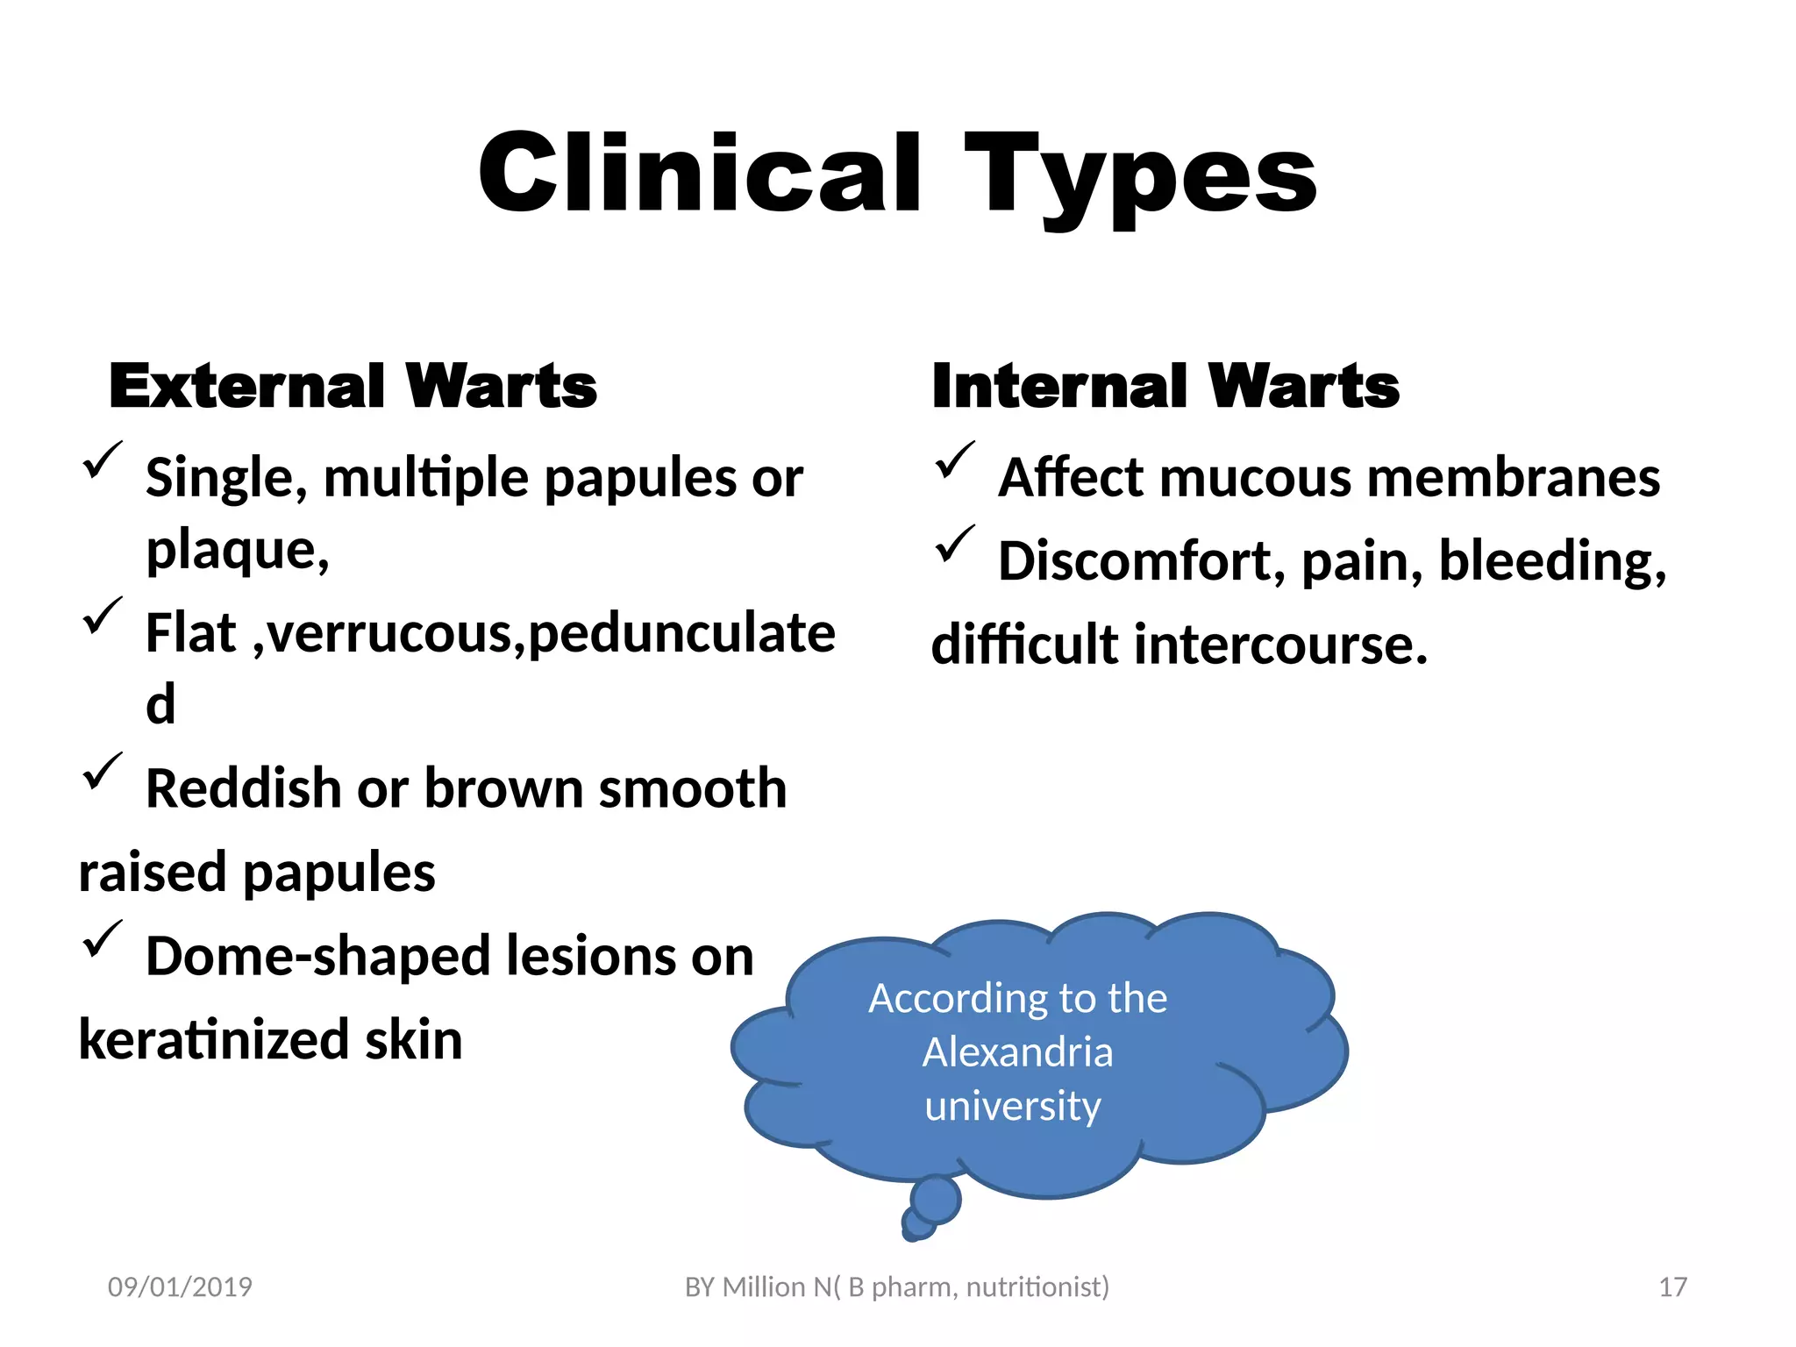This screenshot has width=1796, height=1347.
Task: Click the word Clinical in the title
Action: tap(700, 173)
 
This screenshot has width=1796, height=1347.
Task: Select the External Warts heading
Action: tap(353, 386)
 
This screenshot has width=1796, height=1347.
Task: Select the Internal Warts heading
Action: tap(1165, 386)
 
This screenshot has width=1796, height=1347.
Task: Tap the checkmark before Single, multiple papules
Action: tap(102, 460)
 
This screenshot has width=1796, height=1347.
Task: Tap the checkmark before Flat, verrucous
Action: tap(102, 616)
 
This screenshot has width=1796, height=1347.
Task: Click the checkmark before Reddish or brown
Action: tap(102, 771)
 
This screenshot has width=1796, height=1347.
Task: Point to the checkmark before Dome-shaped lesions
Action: tap(102, 938)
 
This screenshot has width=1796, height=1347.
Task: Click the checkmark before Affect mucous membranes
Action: tap(954, 460)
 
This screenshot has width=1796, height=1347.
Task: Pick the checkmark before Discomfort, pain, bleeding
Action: tap(954, 544)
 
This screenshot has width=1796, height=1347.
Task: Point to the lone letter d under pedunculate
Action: tap(160, 703)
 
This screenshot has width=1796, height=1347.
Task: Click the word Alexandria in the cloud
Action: tap(1017, 1051)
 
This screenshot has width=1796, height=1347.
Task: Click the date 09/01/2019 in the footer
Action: tap(180, 1286)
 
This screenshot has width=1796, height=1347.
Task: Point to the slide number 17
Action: tap(1672, 1286)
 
